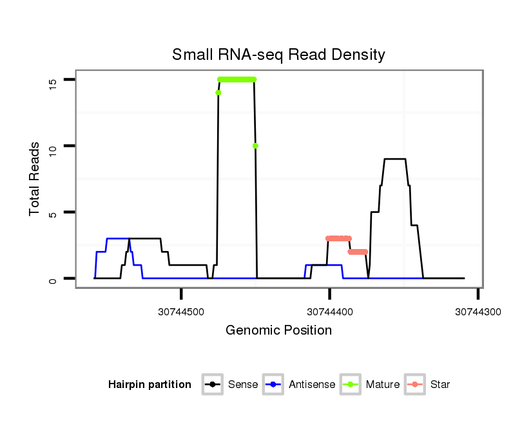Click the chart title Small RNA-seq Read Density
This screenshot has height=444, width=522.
tap(278, 55)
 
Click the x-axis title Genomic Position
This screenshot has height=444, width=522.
tap(278, 331)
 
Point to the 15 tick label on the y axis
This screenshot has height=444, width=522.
tap(53, 80)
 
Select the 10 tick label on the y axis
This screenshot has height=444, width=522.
tap(53, 146)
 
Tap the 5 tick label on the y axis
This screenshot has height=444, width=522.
tap(53, 212)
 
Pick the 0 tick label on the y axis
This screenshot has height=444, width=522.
tap(53, 279)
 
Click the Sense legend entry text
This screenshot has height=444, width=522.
tap(243, 385)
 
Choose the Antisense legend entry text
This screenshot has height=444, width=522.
tap(311, 385)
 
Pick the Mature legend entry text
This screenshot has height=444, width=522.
tap(383, 385)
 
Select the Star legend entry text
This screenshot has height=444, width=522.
tap(440, 385)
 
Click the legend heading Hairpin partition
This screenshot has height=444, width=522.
tap(150, 385)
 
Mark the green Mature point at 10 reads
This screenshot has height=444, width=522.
tap(256, 146)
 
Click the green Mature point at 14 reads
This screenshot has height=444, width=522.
tap(218, 93)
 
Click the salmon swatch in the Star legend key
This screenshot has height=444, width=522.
tap(416, 385)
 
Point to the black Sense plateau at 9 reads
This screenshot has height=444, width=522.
tap(394, 159)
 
